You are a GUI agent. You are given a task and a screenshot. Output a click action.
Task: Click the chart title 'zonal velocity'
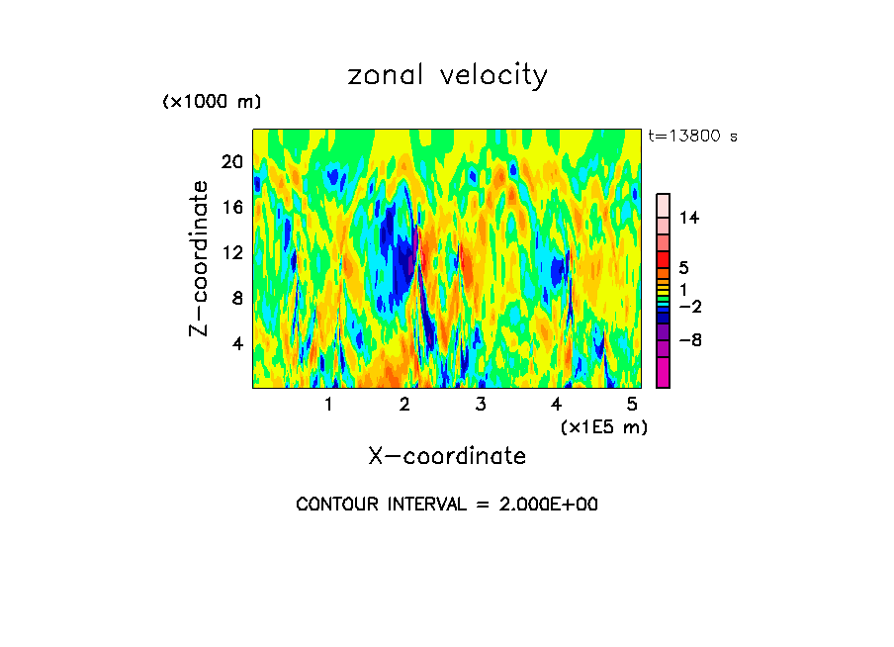tap(447, 75)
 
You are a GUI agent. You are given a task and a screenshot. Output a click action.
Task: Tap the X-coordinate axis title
tap(447, 456)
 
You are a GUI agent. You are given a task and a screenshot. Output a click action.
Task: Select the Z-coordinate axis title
tap(199, 258)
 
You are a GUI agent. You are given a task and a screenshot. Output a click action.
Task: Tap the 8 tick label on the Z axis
tap(237, 298)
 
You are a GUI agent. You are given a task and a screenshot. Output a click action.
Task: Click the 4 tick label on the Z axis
tap(237, 343)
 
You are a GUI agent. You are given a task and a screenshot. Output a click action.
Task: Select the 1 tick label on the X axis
tap(328, 404)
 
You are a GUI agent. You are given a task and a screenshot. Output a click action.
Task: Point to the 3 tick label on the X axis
tap(480, 404)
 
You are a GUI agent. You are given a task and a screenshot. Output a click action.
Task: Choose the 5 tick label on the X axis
tap(632, 404)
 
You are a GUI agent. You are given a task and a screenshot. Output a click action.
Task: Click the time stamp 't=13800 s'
tap(692, 137)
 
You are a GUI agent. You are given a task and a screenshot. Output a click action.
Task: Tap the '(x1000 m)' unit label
tap(211, 102)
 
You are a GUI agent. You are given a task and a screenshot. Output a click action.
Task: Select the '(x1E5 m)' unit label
tap(603, 427)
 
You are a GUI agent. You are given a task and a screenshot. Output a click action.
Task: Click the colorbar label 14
tap(689, 218)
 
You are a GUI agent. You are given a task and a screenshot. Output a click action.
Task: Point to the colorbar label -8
tap(688, 340)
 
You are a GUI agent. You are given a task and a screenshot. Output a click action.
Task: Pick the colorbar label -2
tap(688, 307)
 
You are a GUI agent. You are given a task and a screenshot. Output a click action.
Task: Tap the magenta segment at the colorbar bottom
tap(663, 373)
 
